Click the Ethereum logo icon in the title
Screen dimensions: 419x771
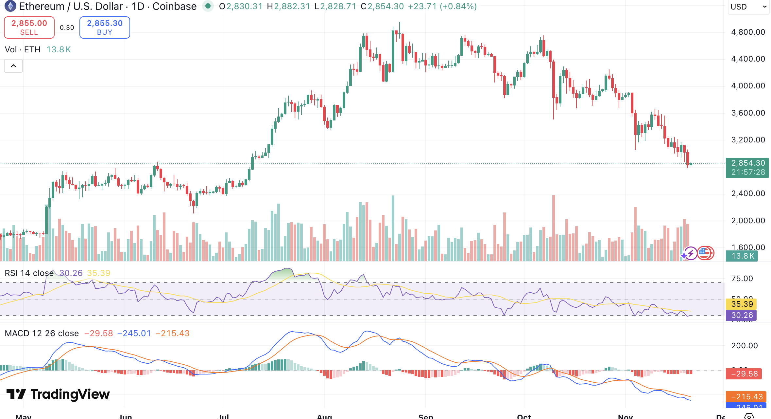tap(10, 6)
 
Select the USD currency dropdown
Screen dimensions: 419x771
tap(748, 7)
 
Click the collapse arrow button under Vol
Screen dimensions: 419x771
tap(13, 66)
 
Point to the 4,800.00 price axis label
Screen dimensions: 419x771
tap(748, 32)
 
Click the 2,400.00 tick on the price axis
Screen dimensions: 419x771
tap(748, 193)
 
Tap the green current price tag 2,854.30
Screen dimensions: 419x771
tap(747, 163)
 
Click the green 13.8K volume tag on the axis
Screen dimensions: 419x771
tap(742, 256)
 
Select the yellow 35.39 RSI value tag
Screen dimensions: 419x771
tap(742, 304)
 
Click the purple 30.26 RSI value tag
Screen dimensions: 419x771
tap(742, 315)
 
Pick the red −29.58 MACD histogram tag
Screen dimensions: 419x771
tap(744, 374)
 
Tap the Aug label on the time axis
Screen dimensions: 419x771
tap(324, 416)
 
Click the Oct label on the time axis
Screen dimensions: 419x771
tap(524, 416)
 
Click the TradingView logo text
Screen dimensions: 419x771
tap(58, 394)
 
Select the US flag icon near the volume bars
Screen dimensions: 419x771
tap(705, 253)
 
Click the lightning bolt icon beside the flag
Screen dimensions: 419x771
tap(691, 253)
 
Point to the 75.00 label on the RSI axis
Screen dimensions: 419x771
tap(742, 279)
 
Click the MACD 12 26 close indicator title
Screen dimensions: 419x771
tap(42, 333)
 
